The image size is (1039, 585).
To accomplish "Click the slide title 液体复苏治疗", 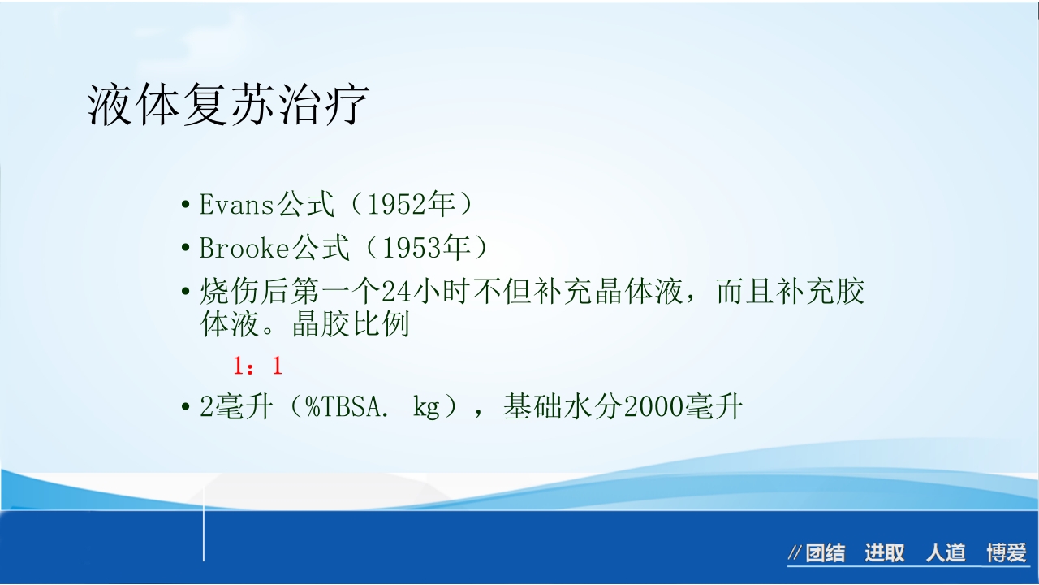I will [228, 106].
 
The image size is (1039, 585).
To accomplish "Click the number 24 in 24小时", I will [397, 291].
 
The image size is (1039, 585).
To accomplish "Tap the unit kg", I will [426, 406].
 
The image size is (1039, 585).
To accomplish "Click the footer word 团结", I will [826, 554].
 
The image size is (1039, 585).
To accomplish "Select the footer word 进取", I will [884, 554].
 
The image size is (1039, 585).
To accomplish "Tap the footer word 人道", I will [946, 554].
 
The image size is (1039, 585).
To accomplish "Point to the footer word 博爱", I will [1007, 554].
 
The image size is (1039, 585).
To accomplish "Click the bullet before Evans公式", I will [186, 205].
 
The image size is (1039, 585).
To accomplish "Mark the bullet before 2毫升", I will [186, 406].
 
